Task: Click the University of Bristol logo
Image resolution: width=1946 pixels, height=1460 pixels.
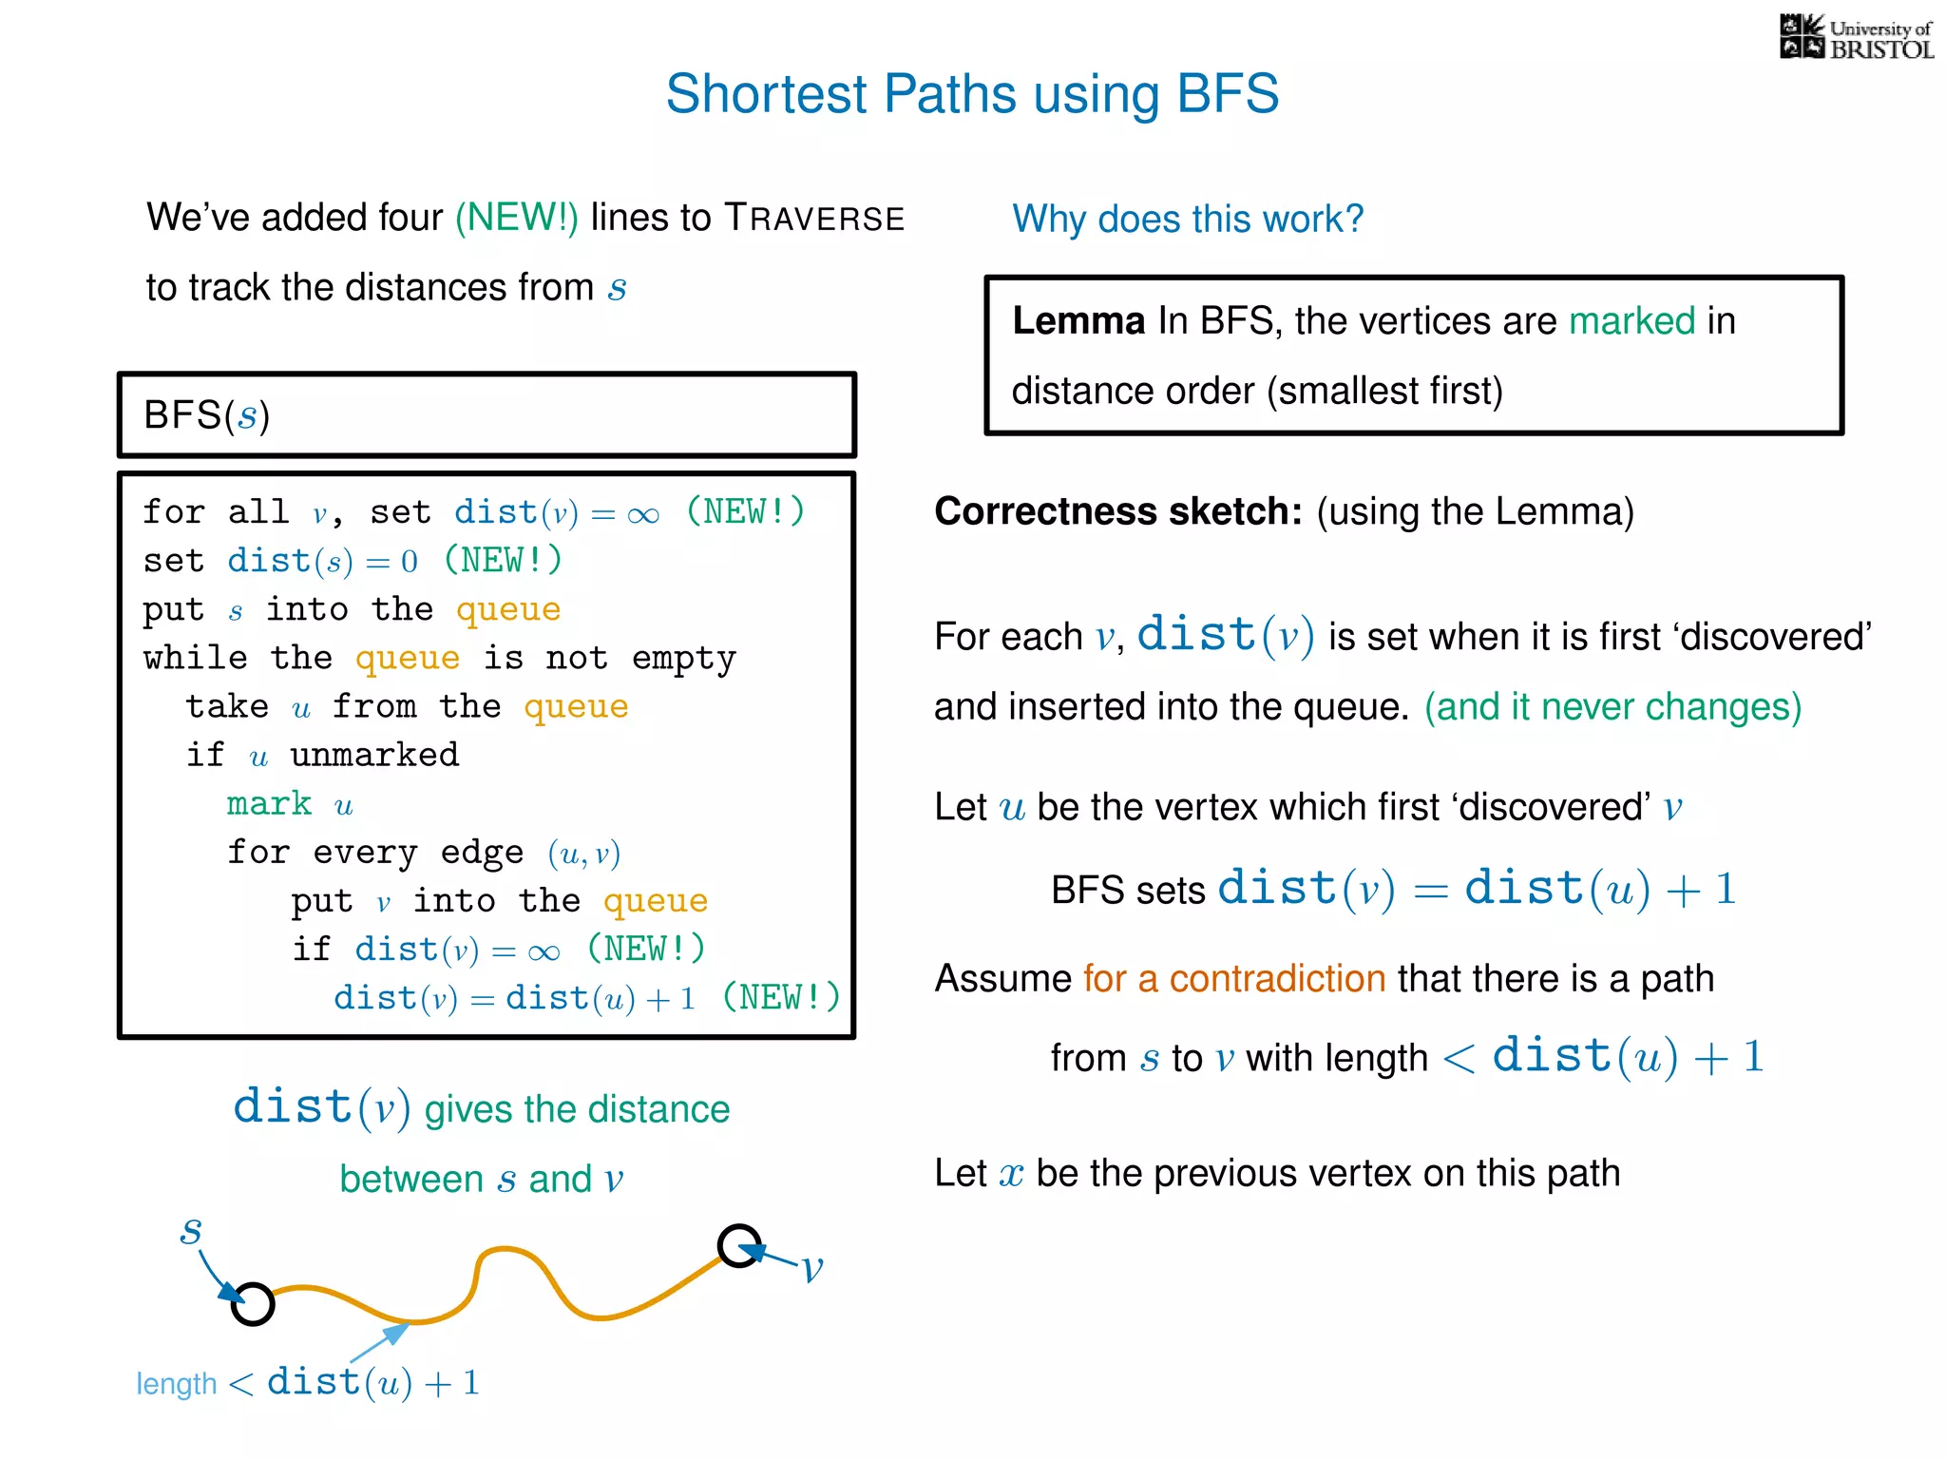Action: point(1856,38)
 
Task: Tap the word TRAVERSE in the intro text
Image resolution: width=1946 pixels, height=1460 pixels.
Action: point(813,218)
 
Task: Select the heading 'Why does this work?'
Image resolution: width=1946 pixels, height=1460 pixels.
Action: point(1187,219)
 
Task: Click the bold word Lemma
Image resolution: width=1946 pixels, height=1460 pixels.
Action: point(1078,321)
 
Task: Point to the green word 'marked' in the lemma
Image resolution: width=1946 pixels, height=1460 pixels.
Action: point(1631,321)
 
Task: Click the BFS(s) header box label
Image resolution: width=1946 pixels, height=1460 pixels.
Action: point(206,415)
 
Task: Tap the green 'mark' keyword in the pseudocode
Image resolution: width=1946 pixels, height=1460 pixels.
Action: point(269,803)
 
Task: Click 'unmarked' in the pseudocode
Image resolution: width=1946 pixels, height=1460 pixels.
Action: point(374,755)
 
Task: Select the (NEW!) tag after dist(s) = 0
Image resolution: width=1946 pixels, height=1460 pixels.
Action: point(503,560)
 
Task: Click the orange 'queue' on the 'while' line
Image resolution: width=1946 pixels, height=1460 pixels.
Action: point(407,658)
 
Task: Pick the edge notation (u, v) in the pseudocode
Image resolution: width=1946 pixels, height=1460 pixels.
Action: point(583,853)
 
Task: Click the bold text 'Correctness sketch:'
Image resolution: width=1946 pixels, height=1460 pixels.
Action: point(1117,511)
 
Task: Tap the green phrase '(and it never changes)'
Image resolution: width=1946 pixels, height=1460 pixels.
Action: point(1612,706)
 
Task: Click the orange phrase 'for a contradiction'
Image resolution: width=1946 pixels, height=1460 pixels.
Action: point(1233,978)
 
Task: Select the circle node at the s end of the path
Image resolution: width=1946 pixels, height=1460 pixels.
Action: point(253,1303)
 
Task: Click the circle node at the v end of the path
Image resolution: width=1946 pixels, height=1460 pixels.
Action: point(739,1245)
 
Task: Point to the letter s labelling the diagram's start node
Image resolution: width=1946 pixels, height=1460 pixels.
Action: point(191,1231)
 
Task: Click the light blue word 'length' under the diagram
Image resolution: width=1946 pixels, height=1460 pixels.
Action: point(177,1384)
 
